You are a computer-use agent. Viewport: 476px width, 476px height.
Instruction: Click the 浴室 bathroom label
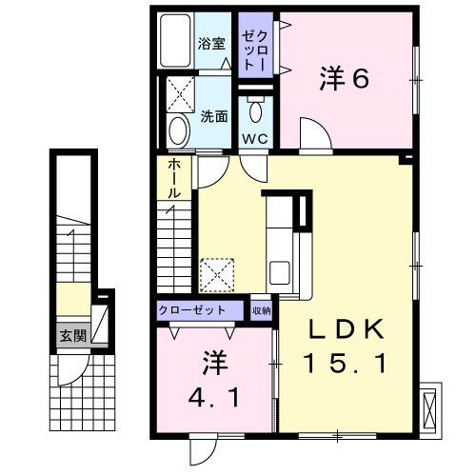point(211,44)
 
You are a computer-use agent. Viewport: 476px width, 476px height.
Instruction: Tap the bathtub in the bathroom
point(175,40)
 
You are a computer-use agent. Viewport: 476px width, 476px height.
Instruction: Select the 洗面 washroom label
point(214,117)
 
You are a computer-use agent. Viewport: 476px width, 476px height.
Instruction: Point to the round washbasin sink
point(179,130)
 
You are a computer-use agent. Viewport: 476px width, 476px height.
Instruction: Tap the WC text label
point(255,139)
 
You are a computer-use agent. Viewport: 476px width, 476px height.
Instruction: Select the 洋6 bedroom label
point(345,78)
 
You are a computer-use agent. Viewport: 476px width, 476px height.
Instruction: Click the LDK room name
point(347,329)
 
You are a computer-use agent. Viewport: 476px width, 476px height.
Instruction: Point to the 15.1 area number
point(346,364)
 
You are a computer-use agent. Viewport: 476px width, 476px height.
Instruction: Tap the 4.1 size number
point(214,398)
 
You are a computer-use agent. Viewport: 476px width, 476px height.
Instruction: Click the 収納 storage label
point(261,310)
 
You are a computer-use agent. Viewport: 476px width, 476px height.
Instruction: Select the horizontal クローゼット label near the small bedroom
point(192,310)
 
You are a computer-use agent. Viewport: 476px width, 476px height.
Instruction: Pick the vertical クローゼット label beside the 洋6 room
point(255,50)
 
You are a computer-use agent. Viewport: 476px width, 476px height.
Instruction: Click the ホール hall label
point(174,179)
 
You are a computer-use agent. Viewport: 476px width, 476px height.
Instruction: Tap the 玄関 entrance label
point(73,335)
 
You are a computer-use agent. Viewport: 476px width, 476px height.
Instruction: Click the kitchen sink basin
point(279,272)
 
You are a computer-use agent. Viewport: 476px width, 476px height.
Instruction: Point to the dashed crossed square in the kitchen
point(217,275)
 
